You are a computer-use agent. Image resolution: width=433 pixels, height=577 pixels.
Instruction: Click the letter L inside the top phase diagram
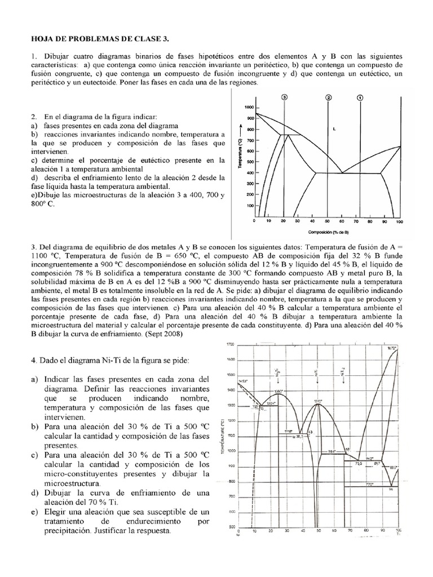click(x=334, y=129)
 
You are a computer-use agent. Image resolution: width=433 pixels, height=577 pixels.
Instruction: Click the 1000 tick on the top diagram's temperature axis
click(x=248, y=107)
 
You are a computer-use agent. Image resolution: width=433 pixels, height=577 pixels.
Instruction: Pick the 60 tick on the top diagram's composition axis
click(x=341, y=221)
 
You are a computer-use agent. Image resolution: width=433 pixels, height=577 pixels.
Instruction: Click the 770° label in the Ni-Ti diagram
click(x=369, y=485)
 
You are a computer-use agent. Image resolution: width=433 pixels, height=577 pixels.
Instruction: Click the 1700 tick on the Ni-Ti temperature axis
click(x=229, y=344)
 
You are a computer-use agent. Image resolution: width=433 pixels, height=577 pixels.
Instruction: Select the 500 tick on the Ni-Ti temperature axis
click(x=230, y=527)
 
